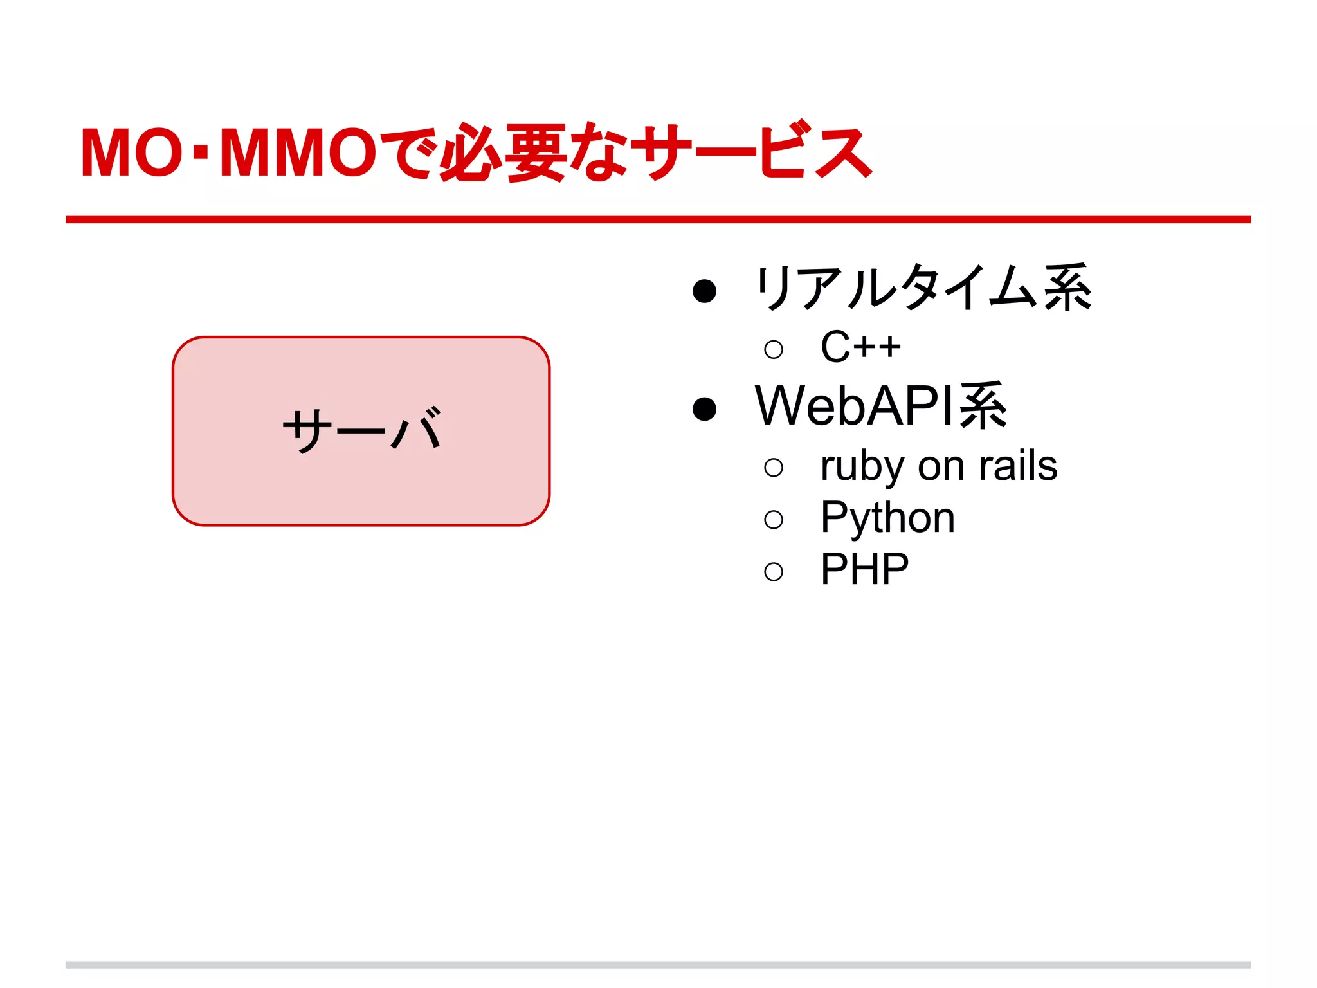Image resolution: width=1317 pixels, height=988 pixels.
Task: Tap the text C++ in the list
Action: point(860,347)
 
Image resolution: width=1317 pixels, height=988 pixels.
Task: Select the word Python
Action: point(887,518)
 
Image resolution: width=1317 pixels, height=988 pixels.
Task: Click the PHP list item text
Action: point(864,570)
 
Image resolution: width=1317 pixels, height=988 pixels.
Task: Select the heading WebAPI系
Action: point(881,407)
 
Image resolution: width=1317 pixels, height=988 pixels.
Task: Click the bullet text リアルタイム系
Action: point(923,289)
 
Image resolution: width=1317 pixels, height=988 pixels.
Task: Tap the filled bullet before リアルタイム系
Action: point(704,291)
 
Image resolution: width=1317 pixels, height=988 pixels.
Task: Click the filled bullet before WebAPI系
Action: point(704,408)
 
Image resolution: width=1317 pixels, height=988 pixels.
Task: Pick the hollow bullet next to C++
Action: point(774,350)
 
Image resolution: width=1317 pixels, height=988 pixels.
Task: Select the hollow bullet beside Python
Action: point(774,520)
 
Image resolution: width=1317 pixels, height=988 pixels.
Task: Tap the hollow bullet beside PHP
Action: point(774,572)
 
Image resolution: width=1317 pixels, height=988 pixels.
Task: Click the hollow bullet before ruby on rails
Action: point(774,468)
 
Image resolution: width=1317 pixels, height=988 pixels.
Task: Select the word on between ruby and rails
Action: point(941,466)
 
